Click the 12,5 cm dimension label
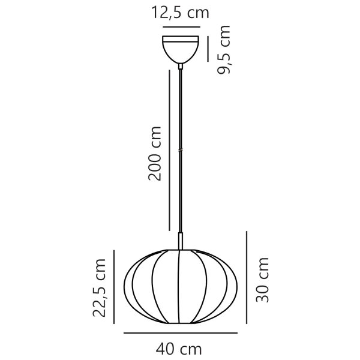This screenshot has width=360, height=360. pos(180,12)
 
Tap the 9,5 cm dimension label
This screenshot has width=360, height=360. pos(224,50)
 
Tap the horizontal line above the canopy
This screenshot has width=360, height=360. pos(181,27)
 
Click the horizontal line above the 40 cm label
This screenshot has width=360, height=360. pos(180,332)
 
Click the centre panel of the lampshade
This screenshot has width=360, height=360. pos(180,282)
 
